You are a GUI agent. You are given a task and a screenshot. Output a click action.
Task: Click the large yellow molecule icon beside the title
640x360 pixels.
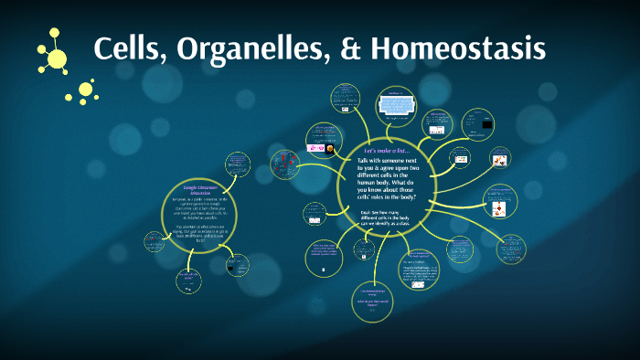[x=55, y=55]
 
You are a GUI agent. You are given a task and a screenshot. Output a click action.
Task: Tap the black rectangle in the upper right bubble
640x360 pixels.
[x=487, y=123]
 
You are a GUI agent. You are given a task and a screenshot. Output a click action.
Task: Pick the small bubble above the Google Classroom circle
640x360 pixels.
[x=237, y=164]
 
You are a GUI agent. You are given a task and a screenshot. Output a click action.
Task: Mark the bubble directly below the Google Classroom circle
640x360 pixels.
[x=190, y=279]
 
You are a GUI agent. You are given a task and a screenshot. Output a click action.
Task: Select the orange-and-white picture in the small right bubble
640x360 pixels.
[x=499, y=162]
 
